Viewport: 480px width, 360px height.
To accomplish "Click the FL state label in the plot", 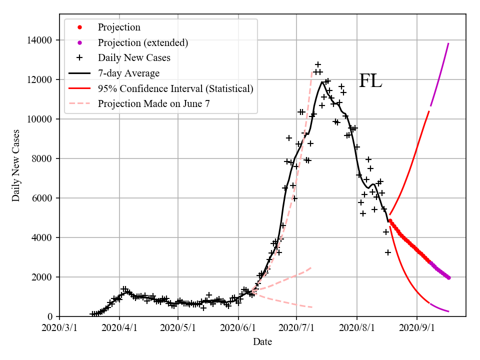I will pos(370,81).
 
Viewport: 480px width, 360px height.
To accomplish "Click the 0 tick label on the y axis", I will pos(50,316).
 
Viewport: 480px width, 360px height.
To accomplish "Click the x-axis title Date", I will pos(262,342).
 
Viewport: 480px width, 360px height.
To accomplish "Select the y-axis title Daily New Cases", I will pos(16,165).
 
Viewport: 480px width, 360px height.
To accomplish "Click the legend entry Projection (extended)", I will pos(143,42).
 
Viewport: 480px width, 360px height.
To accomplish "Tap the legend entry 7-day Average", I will pos(128,73).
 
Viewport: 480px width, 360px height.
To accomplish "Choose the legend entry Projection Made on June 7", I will pos(154,104).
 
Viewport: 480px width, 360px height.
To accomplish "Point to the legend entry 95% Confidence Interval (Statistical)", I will pos(175,89).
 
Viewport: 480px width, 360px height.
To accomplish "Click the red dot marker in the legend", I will pos(79,27).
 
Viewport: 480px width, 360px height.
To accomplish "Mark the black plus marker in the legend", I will pos(79,58).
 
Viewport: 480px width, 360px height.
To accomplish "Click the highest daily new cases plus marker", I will pos(317,64).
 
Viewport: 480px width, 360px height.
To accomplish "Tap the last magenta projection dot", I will pos(448,277).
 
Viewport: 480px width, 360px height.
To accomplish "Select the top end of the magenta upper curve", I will pos(448,43).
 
